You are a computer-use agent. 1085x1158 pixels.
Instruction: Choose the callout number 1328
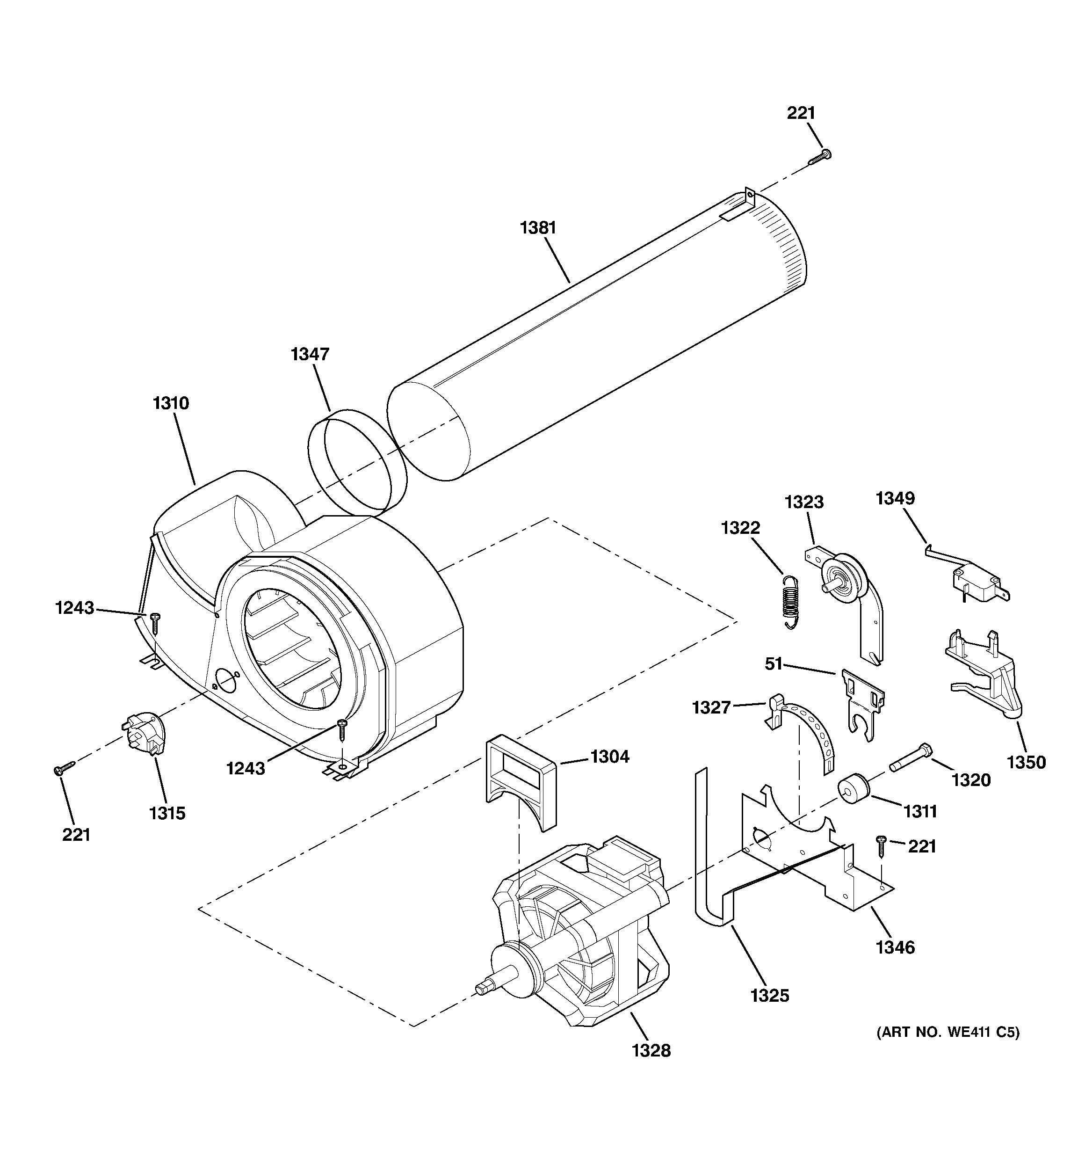coord(651,1067)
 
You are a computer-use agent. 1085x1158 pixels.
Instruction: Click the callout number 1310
coord(171,403)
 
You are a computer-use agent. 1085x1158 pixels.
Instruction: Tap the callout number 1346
coord(895,948)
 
